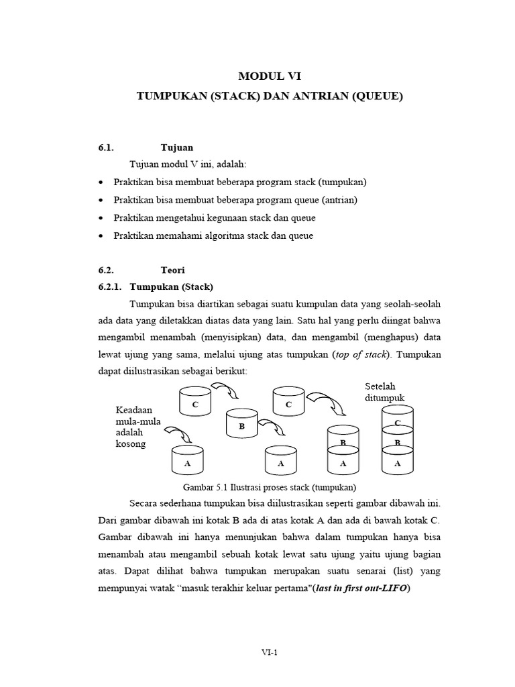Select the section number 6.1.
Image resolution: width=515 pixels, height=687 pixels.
107,148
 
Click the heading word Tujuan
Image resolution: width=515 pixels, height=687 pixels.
177,148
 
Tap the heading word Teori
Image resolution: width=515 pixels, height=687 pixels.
173,270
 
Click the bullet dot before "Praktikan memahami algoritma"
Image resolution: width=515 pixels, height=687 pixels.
101,236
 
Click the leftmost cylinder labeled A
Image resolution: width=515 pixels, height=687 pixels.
187,462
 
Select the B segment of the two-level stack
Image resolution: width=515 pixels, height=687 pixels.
343,442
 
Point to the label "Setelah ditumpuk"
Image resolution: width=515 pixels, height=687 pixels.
385,392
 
